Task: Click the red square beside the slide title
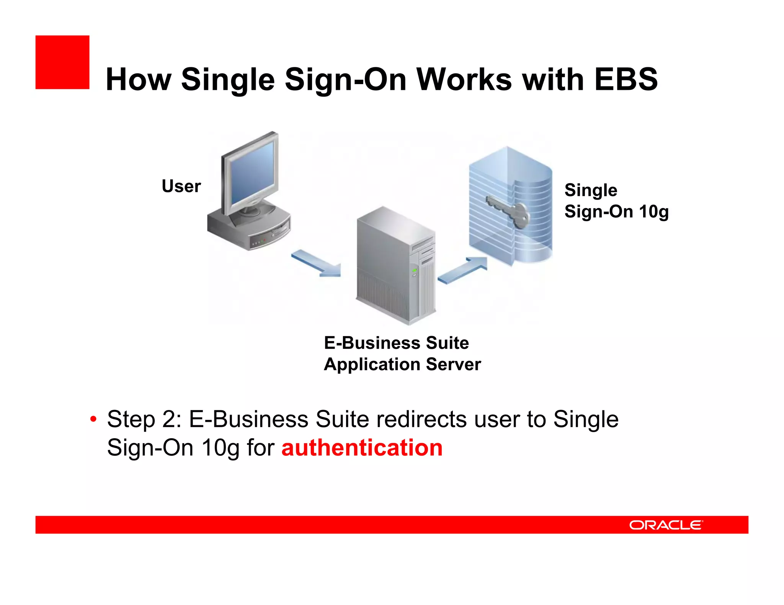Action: tap(62, 62)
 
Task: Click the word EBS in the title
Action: tap(626, 80)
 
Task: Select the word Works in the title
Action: tap(464, 80)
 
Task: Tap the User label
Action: tap(181, 186)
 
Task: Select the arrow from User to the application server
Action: tap(316, 263)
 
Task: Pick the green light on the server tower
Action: tap(414, 271)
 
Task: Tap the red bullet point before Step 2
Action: tap(93, 420)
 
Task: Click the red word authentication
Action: tap(362, 448)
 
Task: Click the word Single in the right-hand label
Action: tap(591, 190)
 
